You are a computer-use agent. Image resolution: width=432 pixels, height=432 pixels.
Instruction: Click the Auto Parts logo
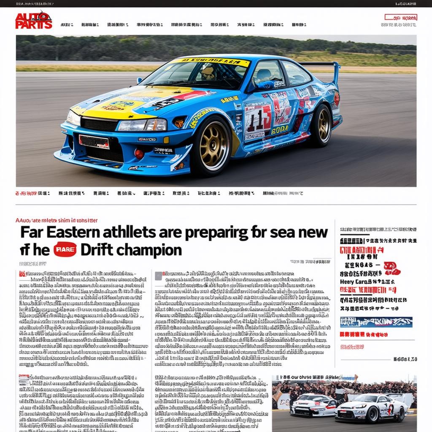click(34, 20)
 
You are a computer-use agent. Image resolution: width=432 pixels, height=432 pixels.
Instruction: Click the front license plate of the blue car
click(94, 142)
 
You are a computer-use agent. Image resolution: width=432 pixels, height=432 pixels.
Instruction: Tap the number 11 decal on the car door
click(258, 120)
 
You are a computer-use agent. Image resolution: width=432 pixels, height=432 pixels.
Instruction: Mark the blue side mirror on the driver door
click(264, 85)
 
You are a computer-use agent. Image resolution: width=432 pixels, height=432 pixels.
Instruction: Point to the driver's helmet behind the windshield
click(208, 73)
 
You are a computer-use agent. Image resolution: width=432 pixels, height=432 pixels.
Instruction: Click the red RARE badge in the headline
click(65, 250)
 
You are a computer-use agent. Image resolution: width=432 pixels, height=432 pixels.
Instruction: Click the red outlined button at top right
click(401, 18)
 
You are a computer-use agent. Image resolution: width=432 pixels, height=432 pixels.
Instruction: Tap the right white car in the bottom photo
click(371, 408)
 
